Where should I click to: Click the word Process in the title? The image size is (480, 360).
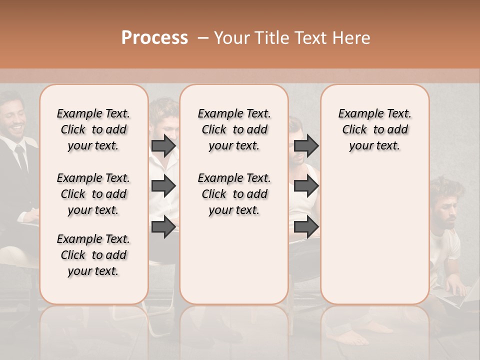[x=154, y=38]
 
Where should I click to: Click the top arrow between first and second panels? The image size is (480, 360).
[x=163, y=145]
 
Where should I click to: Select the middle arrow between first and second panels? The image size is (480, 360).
[x=163, y=186]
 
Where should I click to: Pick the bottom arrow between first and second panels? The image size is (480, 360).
[x=163, y=226]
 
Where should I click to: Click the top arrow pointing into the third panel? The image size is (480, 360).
[x=306, y=145]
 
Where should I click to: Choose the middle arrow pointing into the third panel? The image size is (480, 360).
[x=306, y=186]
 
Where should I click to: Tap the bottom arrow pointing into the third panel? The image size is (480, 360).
[x=306, y=226]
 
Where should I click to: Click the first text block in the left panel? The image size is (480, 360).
[x=93, y=129]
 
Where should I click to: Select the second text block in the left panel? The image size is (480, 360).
[x=93, y=194]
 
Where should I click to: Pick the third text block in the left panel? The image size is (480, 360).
[x=93, y=255]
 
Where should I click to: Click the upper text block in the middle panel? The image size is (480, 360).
[x=234, y=129]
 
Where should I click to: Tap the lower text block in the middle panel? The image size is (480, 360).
[x=234, y=194]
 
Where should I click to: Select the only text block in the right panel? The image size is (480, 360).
[x=374, y=129]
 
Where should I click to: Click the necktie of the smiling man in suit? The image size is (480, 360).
[x=21, y=157]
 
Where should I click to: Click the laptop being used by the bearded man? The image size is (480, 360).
[x=457, y=298]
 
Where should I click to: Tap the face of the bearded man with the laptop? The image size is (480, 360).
[x=448, y=211]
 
